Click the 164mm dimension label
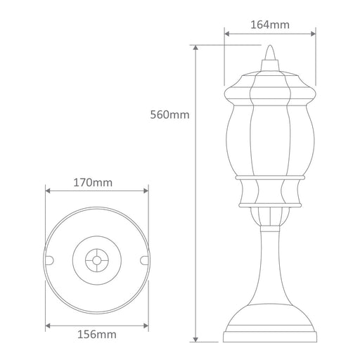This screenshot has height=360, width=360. [x=270, y=25]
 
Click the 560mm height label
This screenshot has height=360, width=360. [x=169, y=115]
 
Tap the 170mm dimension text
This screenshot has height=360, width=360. [x=93, y=183]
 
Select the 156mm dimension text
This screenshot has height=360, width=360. [x=97, y=335]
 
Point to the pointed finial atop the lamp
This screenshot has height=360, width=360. [x=270, y=53]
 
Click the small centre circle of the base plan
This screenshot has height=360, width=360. [x=96, y=260]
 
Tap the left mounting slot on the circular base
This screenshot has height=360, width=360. [x=49, y=260]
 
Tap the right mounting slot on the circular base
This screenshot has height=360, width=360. [x=144, y=260]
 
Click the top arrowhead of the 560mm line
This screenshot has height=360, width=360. [x=195, y=48]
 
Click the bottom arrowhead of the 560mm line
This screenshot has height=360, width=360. [x=195, y=339]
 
